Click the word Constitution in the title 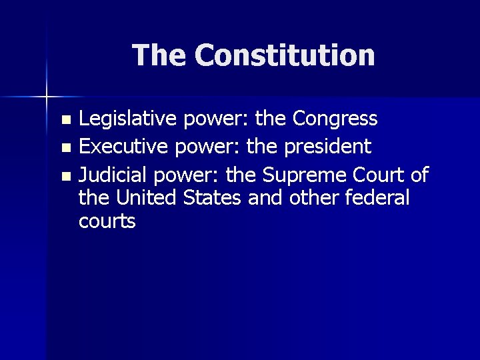pos(285,55)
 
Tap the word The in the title pos(159,55)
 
